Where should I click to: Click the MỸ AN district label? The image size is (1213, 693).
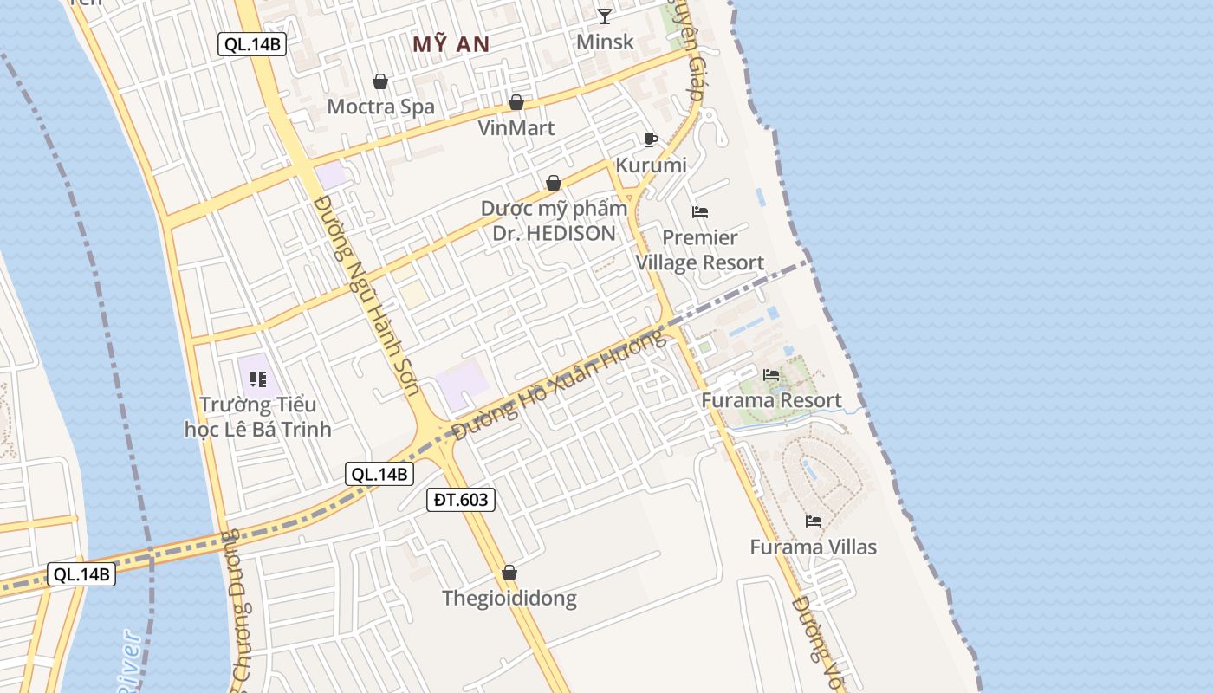pos(451,45)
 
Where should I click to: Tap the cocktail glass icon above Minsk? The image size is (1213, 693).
pos(605,16)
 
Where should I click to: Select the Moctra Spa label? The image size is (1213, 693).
pos(380,107)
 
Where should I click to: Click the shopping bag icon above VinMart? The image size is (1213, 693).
pos(516,102)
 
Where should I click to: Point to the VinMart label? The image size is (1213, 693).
pos(516,127)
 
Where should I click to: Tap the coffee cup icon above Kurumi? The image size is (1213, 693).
pos(651,139)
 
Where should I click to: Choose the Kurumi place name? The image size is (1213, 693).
pos(651,165)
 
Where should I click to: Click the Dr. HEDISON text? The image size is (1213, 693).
pos(554,233)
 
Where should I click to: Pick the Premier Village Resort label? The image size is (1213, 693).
pos(700,250)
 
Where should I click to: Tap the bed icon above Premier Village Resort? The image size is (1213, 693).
pos(700,211)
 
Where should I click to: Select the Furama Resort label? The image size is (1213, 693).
pos(771,400)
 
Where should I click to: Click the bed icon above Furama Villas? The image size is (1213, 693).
pos(813,521)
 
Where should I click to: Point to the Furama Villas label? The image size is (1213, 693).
pos(813,547)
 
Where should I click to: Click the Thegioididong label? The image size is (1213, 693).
pos(509,598)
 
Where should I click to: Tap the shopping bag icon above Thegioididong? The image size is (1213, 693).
pos(509,573)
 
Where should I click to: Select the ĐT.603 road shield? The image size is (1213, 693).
pos(461,499)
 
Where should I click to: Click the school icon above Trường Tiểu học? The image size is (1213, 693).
pos(257,379)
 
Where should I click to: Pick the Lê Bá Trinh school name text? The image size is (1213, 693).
pos(258,429)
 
